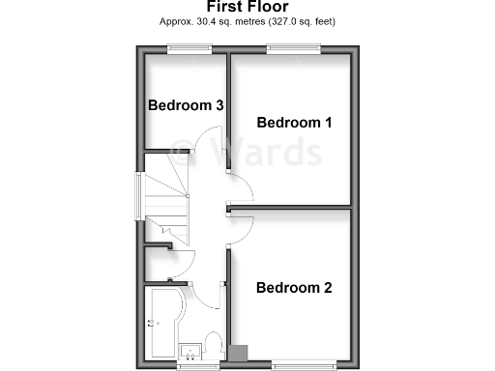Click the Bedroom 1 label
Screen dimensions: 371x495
pos(294,123)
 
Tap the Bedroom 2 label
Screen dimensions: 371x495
pos(294,288)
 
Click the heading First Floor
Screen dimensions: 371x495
pos(247,7)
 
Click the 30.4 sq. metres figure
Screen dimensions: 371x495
pos(228,21)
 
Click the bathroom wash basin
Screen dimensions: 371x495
pos(189,346)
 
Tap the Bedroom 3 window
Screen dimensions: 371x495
pos(185,49)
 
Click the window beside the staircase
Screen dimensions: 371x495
pos(138,197)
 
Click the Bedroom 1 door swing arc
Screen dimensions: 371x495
pos(240,189)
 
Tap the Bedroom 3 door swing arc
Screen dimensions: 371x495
pos(209,142)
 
